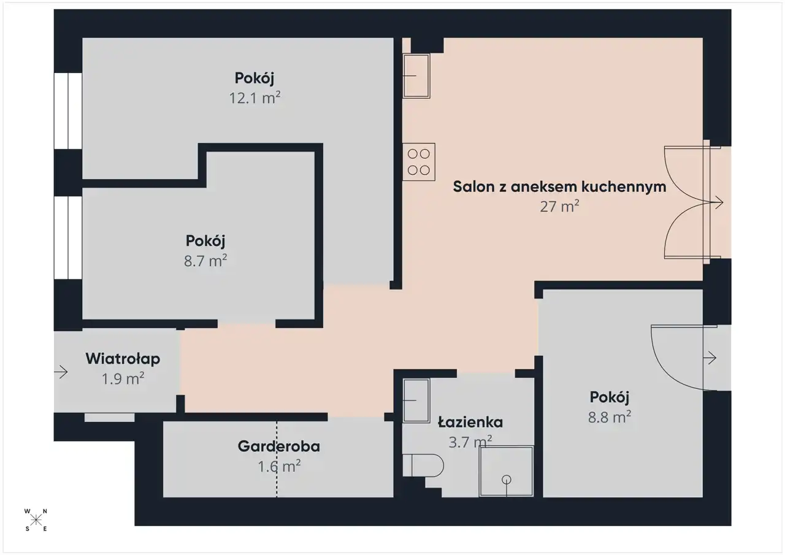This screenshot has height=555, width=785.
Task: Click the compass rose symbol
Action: coord(36,520)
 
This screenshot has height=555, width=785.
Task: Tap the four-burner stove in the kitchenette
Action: coord(419,162)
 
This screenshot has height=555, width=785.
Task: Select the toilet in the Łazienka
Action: coord(423,465)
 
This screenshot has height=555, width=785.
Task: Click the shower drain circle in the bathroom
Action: coord(507,480)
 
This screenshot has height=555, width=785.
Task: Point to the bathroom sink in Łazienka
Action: coord(416,400)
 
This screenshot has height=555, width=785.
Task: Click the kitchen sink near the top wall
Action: coord(416,76)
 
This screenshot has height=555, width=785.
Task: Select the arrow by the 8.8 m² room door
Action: coord(710,358)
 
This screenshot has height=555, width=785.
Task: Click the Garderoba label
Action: coord(279,446)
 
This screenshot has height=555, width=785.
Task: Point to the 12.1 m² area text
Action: coord(255,98)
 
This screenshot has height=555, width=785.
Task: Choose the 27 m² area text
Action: coord(559,206)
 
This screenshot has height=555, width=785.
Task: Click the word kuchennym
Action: coord(624,187)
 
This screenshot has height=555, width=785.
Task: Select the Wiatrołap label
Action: coord(123,359)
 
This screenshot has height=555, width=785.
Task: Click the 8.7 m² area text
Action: coord(205,261)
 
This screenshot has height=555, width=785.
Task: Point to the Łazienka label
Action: coord(470,422)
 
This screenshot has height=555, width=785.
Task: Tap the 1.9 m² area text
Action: coord(123,379)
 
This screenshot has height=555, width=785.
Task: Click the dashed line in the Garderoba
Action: coord(277,459)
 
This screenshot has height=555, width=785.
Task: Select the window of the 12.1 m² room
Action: coord(68,111)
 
